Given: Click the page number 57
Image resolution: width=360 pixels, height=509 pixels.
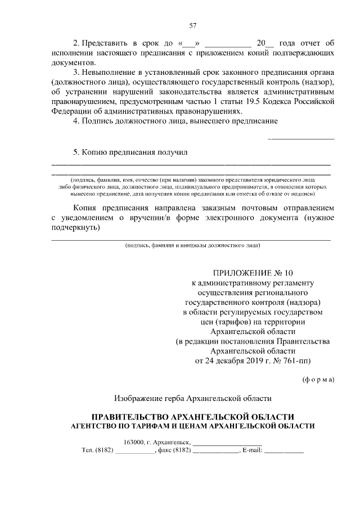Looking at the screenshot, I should pos(193,25).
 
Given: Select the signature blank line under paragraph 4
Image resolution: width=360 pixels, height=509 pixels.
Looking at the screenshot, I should pos(301,138).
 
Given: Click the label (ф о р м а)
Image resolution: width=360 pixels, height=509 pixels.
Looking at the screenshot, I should pos(318,379).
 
